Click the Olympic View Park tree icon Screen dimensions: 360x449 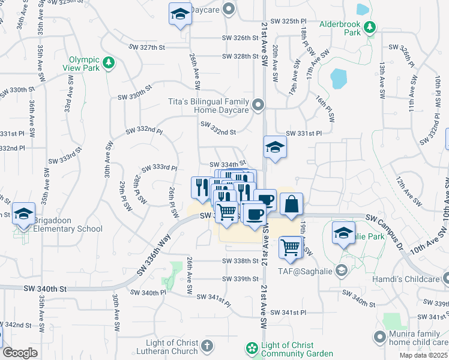pos(109,62)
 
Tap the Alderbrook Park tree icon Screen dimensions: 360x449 pos(370,26)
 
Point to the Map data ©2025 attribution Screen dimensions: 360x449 pos(423,356)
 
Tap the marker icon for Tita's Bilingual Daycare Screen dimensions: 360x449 pos(259,106)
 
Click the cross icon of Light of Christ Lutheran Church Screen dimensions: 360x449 pos(206,346)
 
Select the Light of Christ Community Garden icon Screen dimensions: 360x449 pos(252,347)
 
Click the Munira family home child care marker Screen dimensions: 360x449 pos(379,337)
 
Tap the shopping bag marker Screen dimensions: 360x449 pos(291,204)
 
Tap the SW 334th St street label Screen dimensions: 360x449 pos(228,164)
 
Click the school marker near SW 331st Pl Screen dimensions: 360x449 pos(274,148)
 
